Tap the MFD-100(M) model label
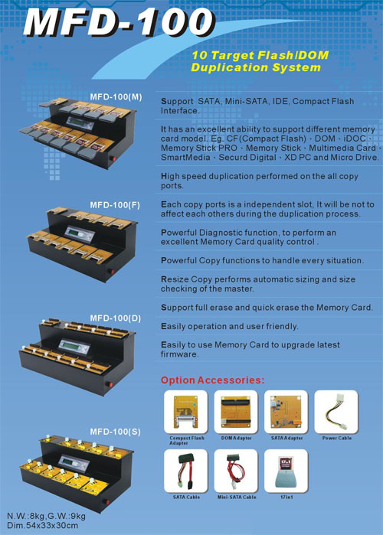(116, 97)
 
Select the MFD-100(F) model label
(115, 205)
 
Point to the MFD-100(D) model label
(116, 318)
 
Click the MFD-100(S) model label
(116, 432)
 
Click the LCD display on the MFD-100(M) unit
(80, 123)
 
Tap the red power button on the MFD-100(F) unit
(111, 272)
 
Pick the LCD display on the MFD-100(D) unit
(75, 346)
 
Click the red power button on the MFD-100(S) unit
(107, 502)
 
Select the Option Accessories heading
(212, 380)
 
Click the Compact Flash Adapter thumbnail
(185, 412)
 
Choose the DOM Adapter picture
(236, 412)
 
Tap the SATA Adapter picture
(286, 412)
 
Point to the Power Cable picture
(336, 412)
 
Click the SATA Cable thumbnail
(185, 471)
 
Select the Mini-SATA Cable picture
(236, 471)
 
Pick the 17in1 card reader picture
(286, 471)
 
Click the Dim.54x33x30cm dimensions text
(42, 526)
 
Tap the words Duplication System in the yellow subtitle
(256, 67)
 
